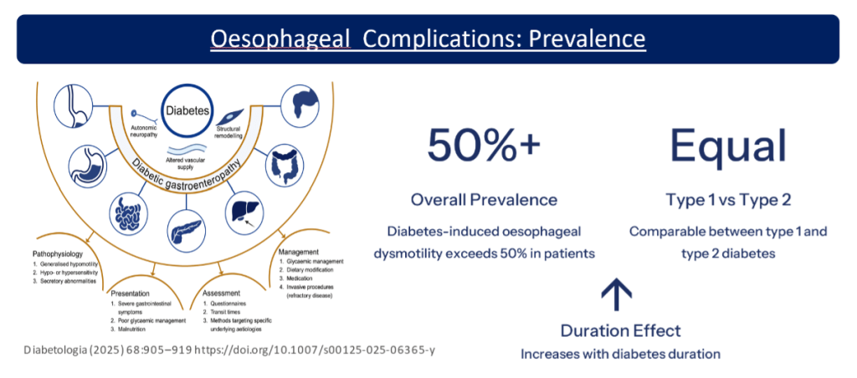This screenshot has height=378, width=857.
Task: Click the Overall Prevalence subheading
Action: coord(483,200)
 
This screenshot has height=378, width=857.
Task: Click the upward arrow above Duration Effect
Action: coord(618,293)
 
